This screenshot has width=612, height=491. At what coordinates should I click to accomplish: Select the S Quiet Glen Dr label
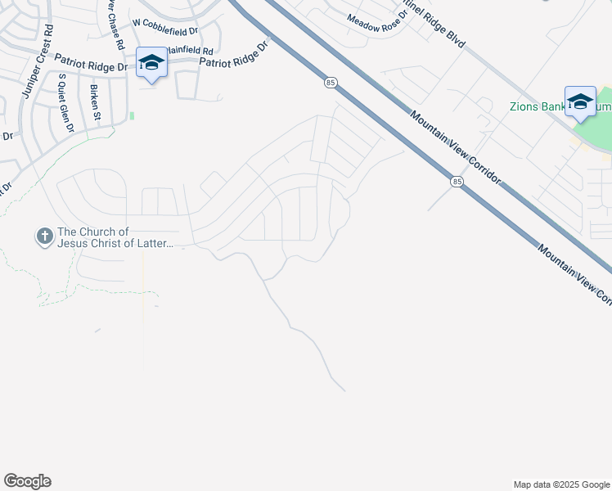66,103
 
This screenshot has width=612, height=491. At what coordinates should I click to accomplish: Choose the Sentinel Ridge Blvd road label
434,22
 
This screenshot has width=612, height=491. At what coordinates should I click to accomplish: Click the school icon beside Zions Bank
580,101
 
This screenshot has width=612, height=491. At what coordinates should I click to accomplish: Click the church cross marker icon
44,237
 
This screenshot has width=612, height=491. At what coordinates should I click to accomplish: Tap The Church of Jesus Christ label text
115,237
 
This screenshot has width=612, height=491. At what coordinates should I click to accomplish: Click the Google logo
27,481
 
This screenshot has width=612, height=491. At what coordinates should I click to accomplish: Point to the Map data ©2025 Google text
560,484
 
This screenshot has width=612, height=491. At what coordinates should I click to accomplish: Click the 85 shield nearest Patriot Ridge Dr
330,83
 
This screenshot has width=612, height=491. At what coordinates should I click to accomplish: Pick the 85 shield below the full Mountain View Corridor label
456,181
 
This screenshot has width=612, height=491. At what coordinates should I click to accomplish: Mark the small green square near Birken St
131,116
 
